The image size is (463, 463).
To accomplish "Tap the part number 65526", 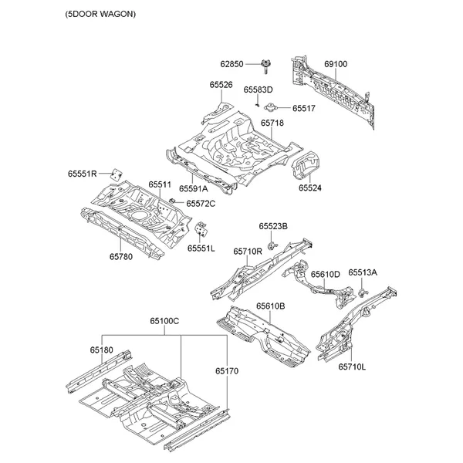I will [x=221, y=85].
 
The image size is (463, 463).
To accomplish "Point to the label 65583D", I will [x=259, y=90].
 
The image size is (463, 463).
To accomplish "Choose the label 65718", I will [x=272, y=123].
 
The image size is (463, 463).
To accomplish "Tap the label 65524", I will [x=310, y=188].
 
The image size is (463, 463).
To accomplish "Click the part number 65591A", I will [x=194, y=188].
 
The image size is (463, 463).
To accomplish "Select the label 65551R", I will [x=81, y=174].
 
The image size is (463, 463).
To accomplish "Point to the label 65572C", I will [x=200, y=203].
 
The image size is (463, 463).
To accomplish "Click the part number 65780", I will [x=120, y=256].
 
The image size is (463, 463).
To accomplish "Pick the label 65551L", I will [x=201, y=248].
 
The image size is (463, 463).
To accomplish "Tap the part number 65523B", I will [x=273, y=226].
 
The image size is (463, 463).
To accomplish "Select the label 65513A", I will [x=363, y=272].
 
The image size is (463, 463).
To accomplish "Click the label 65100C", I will [x=164, y=320].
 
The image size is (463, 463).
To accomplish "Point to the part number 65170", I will [x=227, y=371].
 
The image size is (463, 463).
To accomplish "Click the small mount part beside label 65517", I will [x=272, y=107].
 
